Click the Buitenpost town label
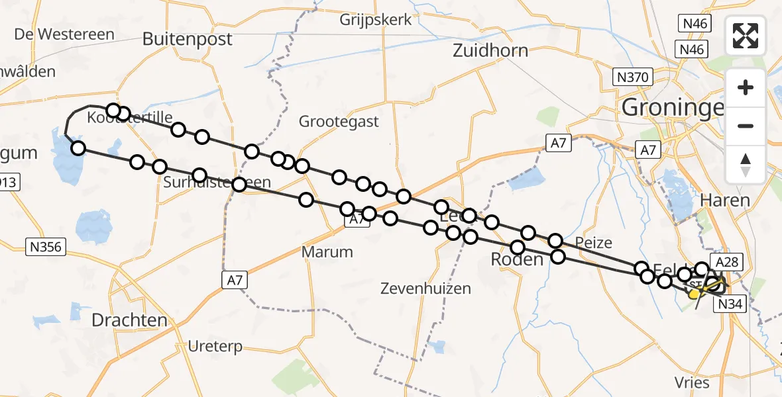click(x=188, y=39)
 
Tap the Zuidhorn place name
click(x=490, y=50)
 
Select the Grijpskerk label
click(x=375, y=20)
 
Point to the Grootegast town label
click(x=339, y=121)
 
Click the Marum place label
click(x=327, y=251)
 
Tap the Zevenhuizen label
click(x=426, y=288)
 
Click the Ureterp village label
click(x=215, y=346)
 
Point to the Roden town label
click(x=516, y=260)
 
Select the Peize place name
click(x=593, y=242)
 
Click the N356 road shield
click(x=45, y=247)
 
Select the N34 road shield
click(x=731, y=304)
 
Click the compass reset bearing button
click(x=746, y=164)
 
